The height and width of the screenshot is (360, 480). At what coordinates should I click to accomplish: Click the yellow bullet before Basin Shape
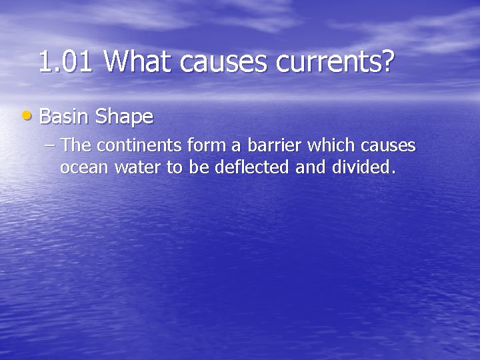point(25,117)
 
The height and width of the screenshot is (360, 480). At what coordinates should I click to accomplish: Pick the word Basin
point(64,117)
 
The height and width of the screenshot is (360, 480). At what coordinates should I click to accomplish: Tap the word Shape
point(124,118)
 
